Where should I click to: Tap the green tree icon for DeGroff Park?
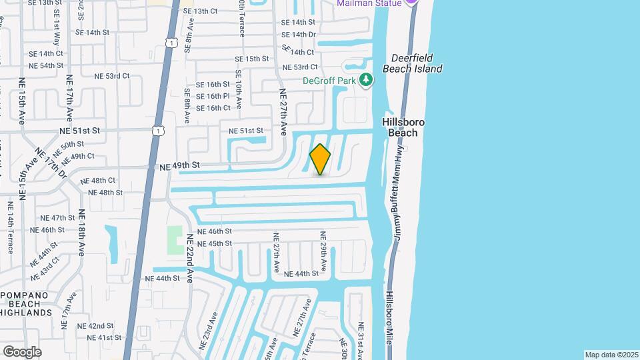[x=365, y=81]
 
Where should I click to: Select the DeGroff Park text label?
[x=329, y=81]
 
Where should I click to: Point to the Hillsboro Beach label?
[x=403, y=127]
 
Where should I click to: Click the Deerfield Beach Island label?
[x=412, y=63]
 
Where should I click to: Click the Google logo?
[x=22, y=351]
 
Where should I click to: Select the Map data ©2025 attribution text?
[x=611, y=355]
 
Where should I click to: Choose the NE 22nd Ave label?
[x=189, y=259]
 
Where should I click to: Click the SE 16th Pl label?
[x=213, y=96]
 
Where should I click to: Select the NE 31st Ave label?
[x=361, y=341]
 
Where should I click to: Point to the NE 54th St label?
[x=46, y=65]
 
